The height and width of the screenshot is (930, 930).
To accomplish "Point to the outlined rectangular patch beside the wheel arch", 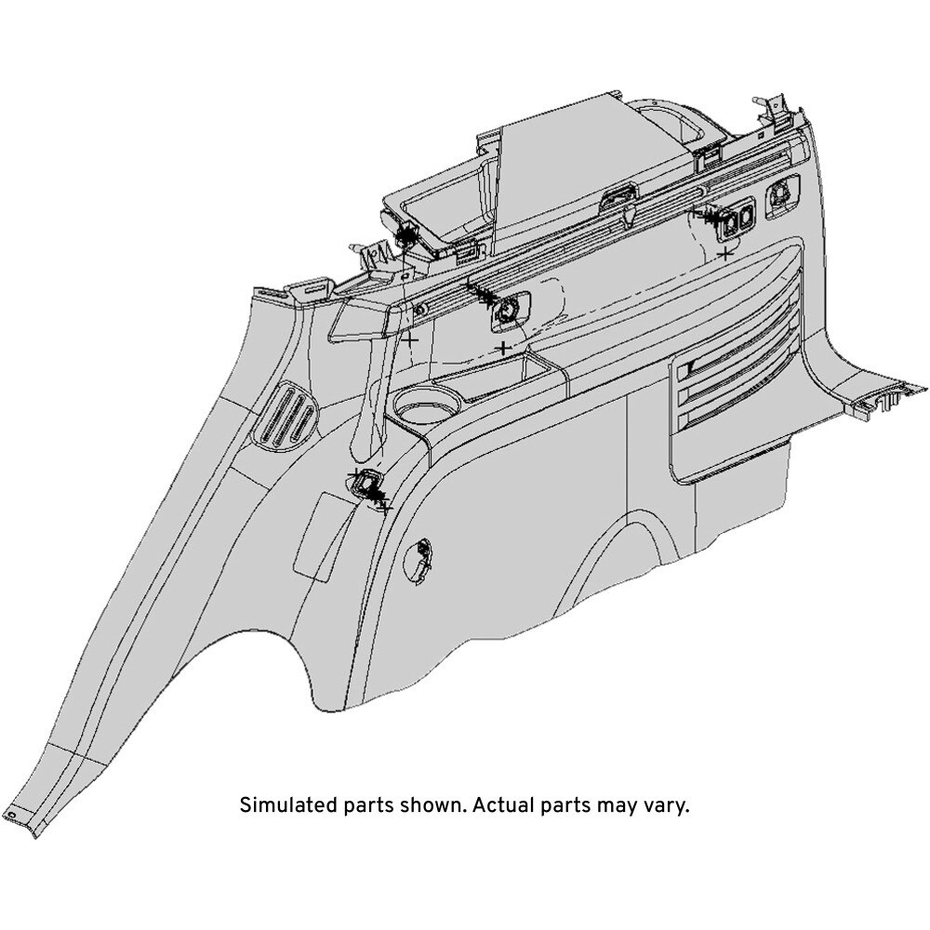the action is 318,536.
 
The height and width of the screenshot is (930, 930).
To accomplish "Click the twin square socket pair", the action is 737,220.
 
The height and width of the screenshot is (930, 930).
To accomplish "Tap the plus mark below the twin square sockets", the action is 724,254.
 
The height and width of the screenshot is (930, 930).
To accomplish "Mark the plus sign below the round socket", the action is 503,348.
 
